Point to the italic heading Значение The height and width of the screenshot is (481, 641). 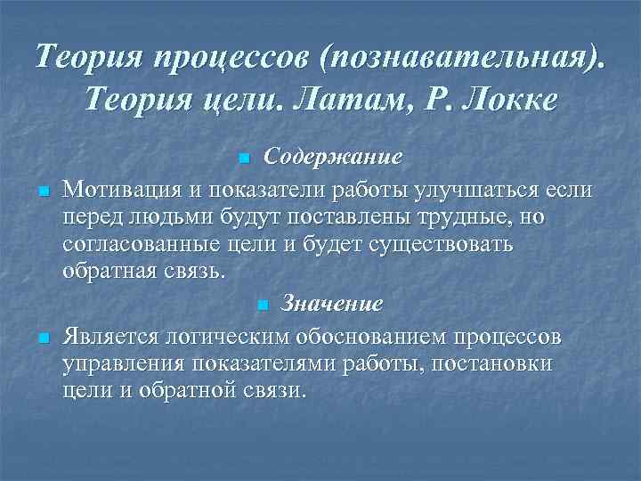point(331,303)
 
